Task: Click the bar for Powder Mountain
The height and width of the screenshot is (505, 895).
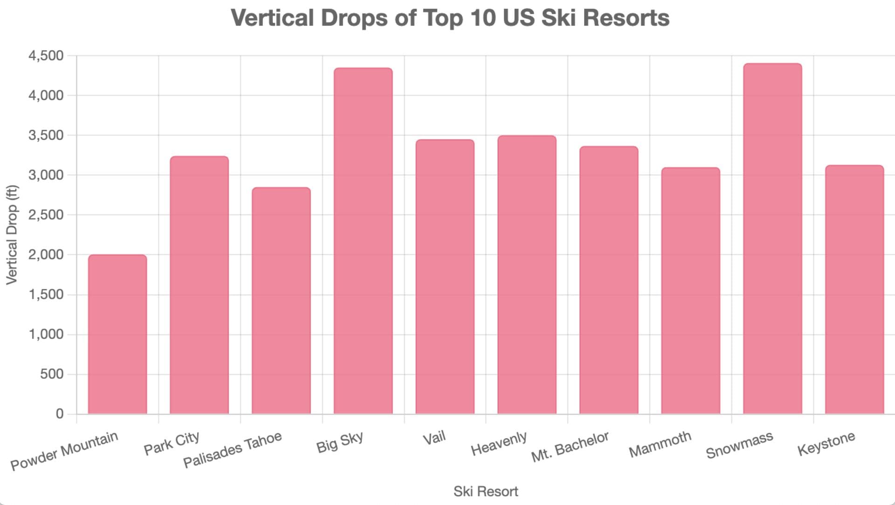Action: click(x=117, y=334)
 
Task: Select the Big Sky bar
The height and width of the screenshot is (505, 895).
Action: click(x=363, y=241)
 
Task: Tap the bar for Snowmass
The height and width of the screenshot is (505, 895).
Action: click(x=772, y=239)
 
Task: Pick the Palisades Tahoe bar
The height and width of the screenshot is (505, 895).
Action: click(x=281, y=300)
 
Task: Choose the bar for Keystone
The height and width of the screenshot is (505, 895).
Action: click(x=854, y=289)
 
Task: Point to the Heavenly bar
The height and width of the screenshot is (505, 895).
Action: click(x=527, y=275)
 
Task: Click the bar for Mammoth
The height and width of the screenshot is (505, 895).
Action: click(x=690, y=291)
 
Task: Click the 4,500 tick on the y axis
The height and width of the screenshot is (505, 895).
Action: click(x=46, y=56)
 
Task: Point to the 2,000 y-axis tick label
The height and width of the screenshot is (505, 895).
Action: click(x=46, y=255)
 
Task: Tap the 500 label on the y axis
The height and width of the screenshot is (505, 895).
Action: click(x=52, y=374)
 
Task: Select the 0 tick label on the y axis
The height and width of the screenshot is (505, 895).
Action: click(x=60, y=414)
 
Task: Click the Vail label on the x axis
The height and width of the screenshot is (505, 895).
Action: click(x=434, y=438)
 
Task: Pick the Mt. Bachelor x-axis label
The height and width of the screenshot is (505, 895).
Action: click(x=570, y=446)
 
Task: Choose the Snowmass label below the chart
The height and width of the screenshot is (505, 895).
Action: click(x=739, y=444)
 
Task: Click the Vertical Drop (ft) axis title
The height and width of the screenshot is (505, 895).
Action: click(x=12, y=235)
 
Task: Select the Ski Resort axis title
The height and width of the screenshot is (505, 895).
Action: click(x=486, y=491)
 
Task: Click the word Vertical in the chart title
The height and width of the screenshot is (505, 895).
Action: click(x=272, y=18)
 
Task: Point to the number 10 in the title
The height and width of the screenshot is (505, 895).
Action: click(x=483, y=18)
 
